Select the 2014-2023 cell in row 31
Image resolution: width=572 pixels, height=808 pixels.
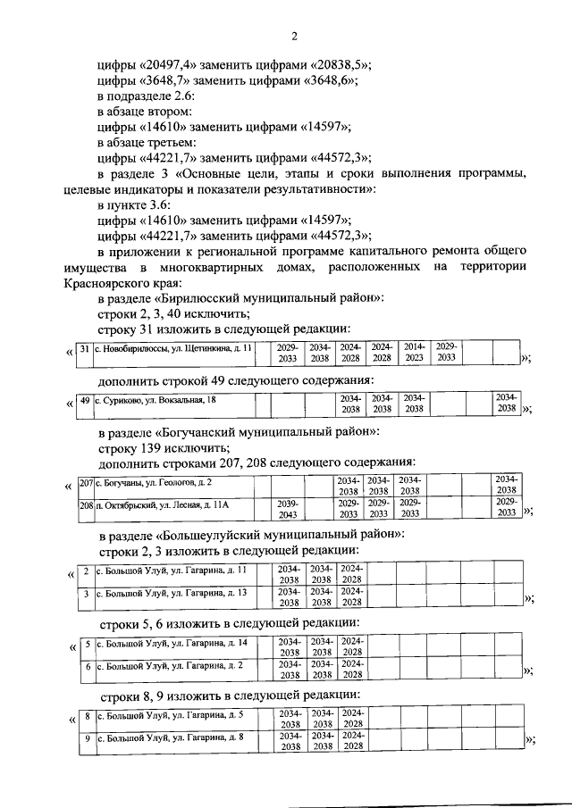point(414,353)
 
